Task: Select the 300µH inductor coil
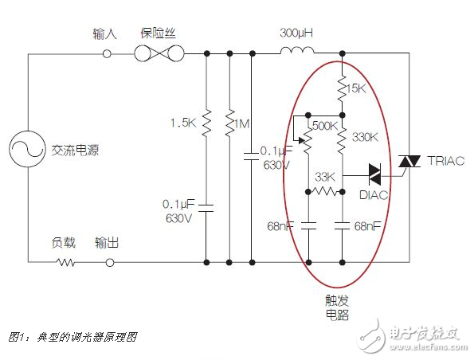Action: coord(296,53)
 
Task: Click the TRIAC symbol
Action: coord(409,162)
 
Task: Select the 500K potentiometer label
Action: coord(324,126)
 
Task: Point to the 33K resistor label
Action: coord(325,176)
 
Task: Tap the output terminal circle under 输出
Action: coord(106,260)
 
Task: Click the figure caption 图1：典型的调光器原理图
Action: coord(72,337)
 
